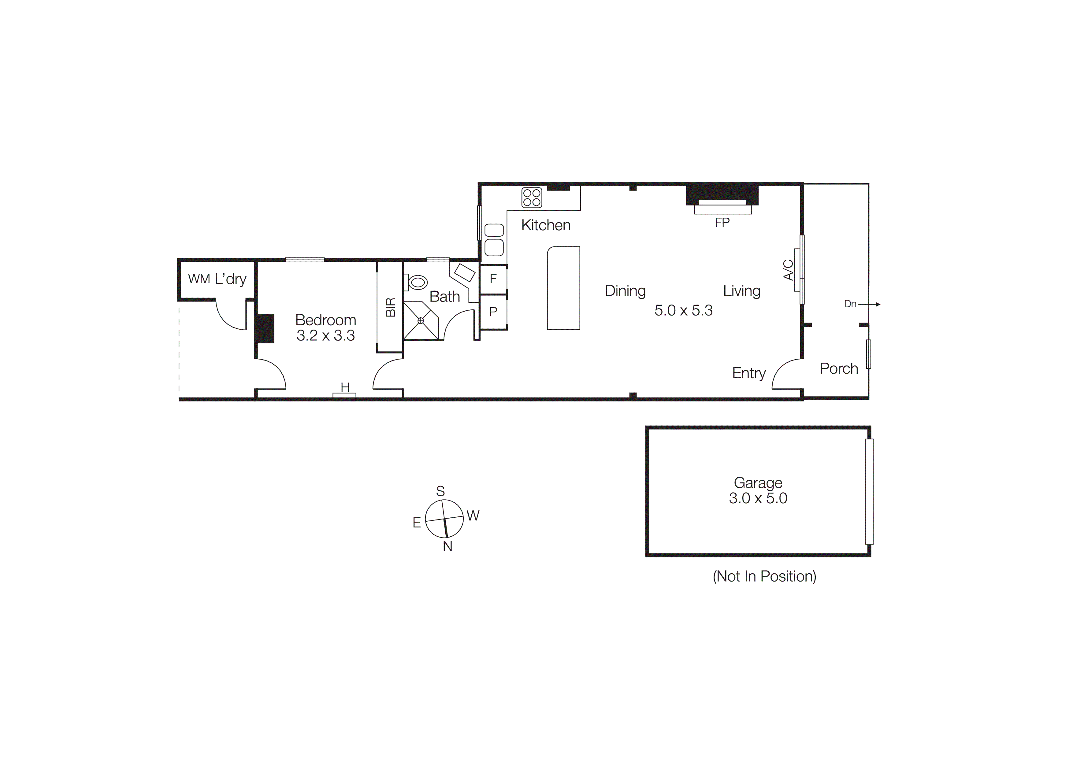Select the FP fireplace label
point(722,223)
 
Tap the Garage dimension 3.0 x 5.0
point(758,498)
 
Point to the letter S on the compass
point(440,491)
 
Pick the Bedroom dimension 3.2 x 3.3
point(326,335)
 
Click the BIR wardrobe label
point(391,307)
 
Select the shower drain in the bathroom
point(421,320)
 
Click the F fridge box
point(493,279)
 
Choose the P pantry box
point(493,312)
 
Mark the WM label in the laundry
point(199,279)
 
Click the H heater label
point(345,387)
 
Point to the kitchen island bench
point(564,288)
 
